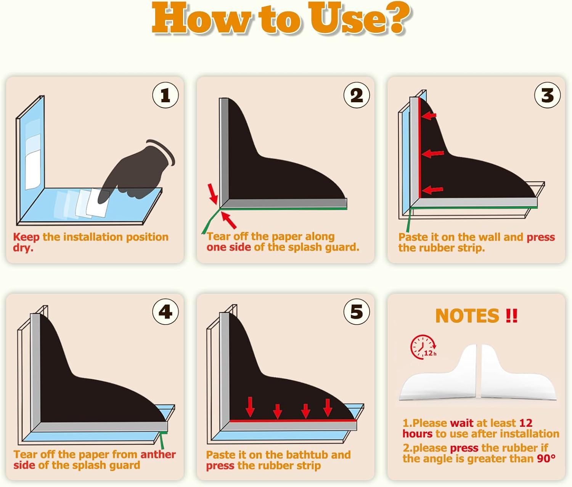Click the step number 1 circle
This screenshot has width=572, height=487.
tap(165, 95)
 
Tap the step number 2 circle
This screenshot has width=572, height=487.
tap(357, 95)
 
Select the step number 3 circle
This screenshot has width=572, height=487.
tap(547, 95)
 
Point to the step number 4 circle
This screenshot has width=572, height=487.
tap(165, 312)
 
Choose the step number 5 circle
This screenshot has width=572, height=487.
tap(357, 312)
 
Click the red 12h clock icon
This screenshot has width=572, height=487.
tap(423, 347)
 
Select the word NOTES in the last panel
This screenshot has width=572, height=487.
tap(468, 316)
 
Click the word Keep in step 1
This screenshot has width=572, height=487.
tap(26, 237)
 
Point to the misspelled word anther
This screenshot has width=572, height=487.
tap(158, 454)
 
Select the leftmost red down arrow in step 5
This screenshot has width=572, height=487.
tap(250, 407)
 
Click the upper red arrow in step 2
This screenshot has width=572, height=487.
tap(213, 194)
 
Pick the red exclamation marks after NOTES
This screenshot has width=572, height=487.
tap(511, 316)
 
